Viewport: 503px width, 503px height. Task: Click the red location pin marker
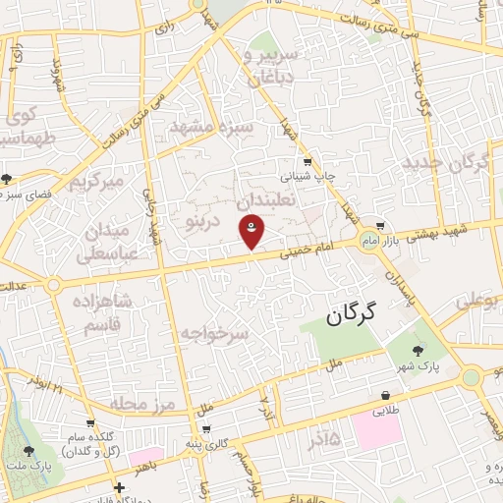[251, 234]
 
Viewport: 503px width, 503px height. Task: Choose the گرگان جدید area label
[453, 164]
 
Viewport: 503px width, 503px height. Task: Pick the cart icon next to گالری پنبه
[205, 429]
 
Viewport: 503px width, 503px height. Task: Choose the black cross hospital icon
[119, 486]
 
